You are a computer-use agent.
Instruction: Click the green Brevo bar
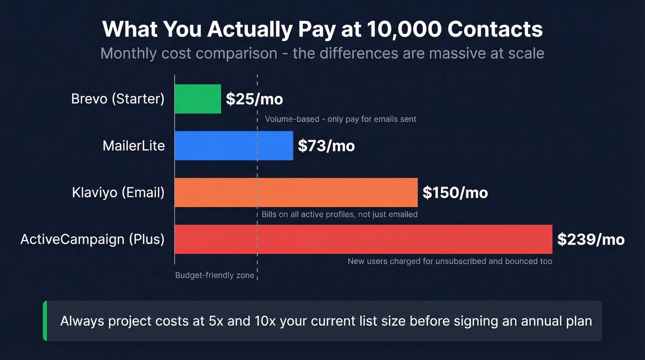pos(198,99)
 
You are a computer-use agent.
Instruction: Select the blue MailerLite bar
pos(234,146)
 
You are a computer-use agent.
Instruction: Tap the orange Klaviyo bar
pos(296,192)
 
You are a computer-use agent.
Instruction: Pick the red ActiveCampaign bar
pos(364,239)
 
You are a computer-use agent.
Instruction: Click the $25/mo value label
pos(254,99)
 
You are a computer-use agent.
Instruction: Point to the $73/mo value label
pos(326,146)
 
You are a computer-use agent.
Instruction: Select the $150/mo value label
pos(455,193)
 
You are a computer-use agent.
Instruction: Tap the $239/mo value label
pos(591,240)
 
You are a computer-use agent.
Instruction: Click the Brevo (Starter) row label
pos(118,99)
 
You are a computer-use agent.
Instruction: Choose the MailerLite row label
pos(134,146)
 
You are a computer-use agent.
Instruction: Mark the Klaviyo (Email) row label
pos(118,192)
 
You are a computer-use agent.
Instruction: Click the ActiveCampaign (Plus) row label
pos(93,239)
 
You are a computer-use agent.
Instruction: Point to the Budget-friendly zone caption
pos(215,276)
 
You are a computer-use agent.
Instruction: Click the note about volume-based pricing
pos(340,119)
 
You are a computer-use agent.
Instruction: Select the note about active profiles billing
pos(340,214)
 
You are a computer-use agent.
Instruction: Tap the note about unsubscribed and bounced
pos(450,261)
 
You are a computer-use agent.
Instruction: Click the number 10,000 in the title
pos(405,30)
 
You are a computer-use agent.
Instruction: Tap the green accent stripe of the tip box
pos(45,321)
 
